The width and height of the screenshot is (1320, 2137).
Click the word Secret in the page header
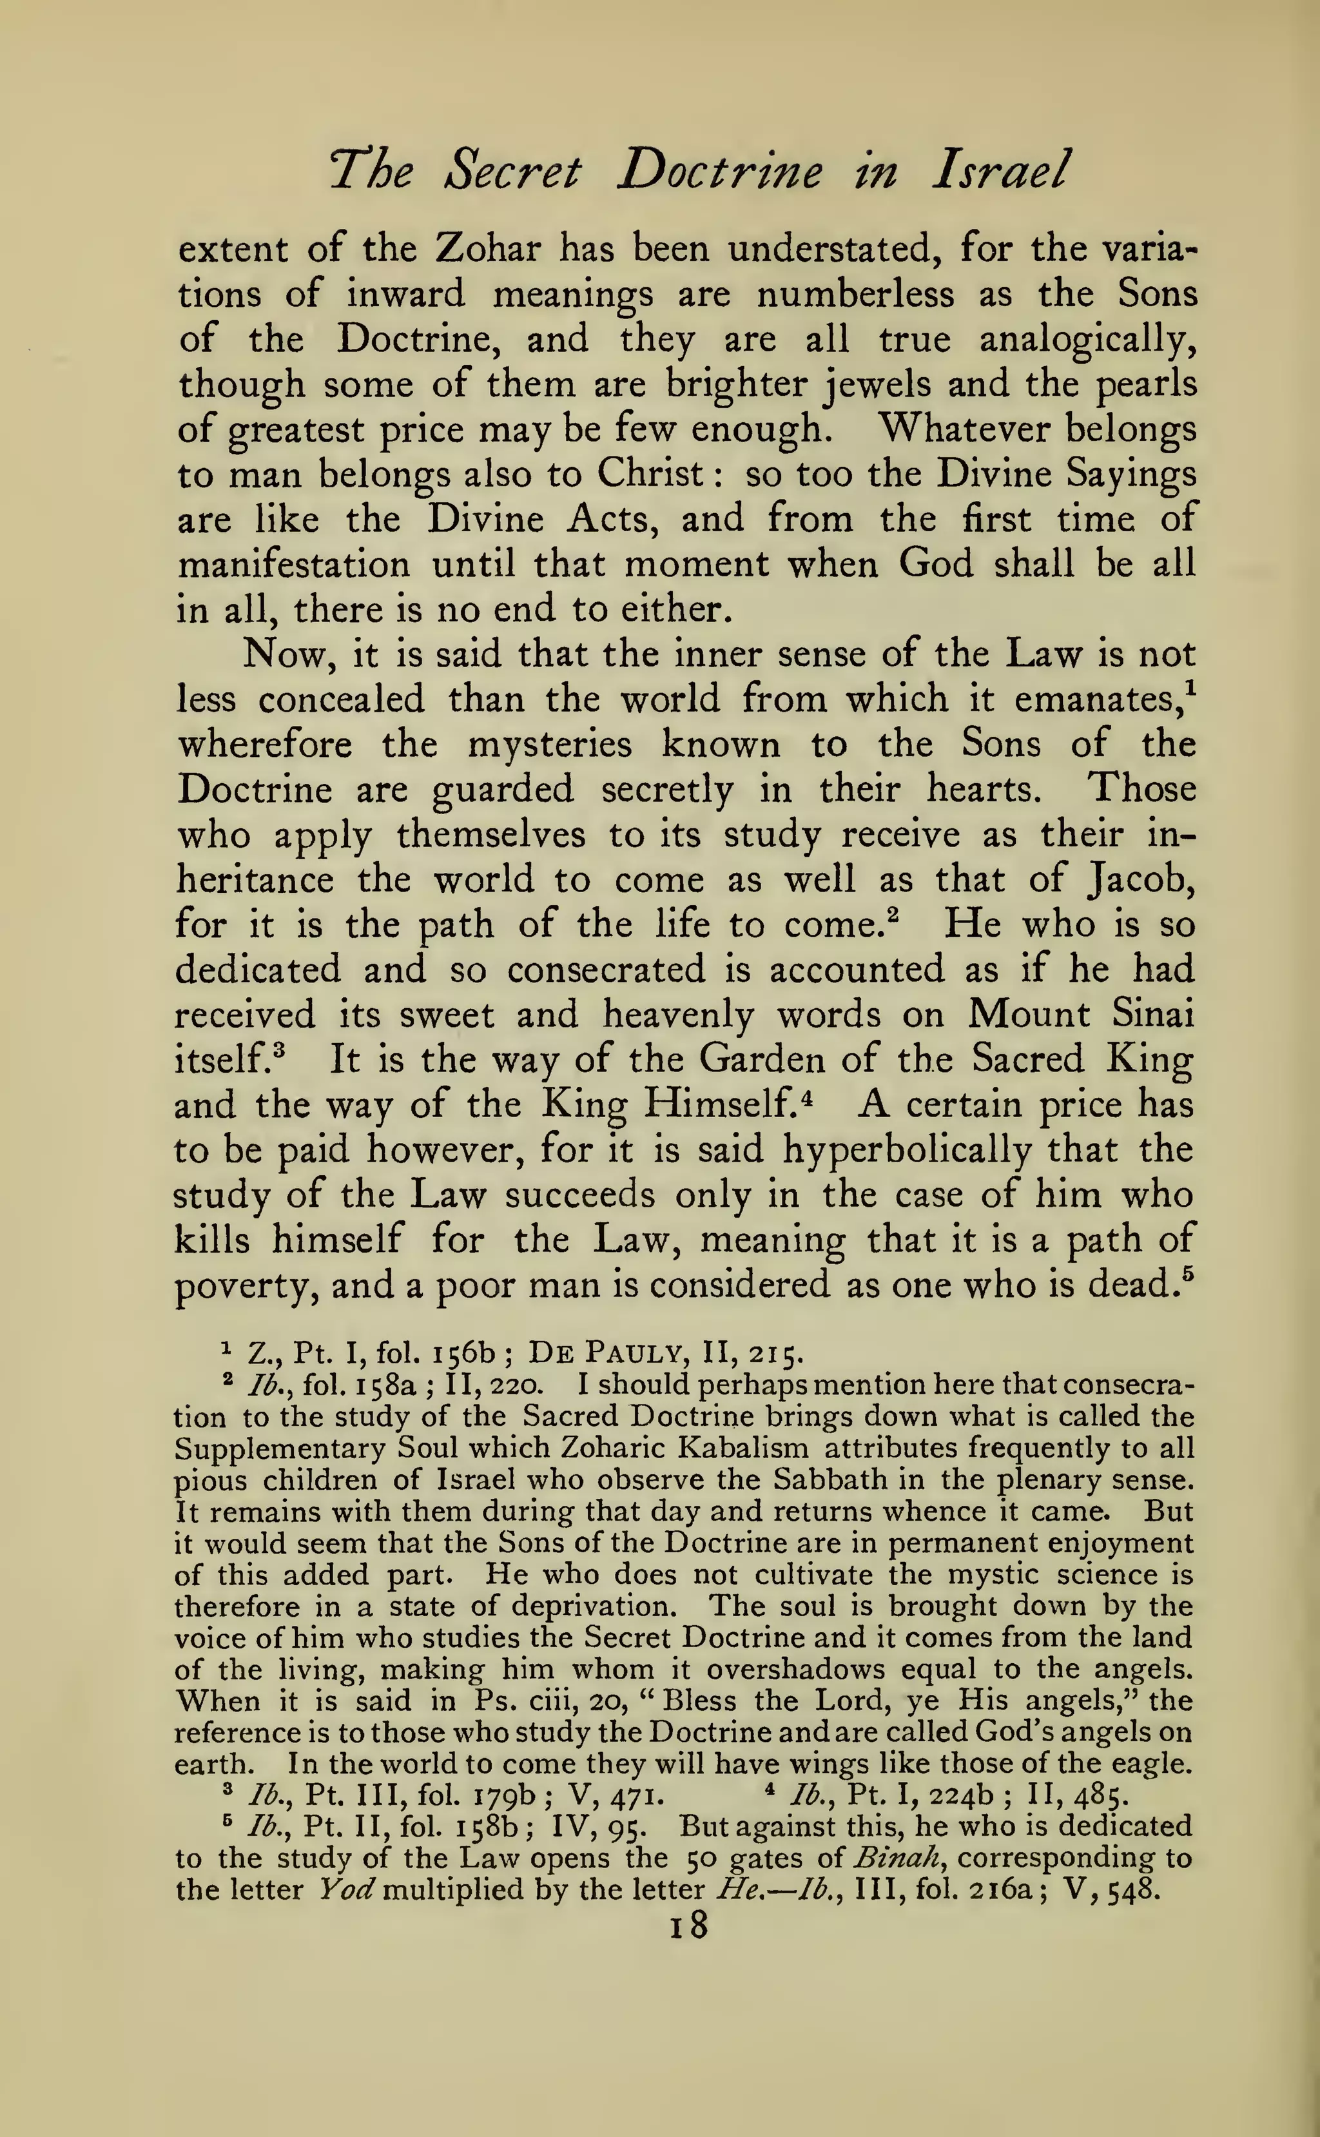pos(512,172)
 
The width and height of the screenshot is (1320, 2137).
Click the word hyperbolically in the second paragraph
pos(906,1151)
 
